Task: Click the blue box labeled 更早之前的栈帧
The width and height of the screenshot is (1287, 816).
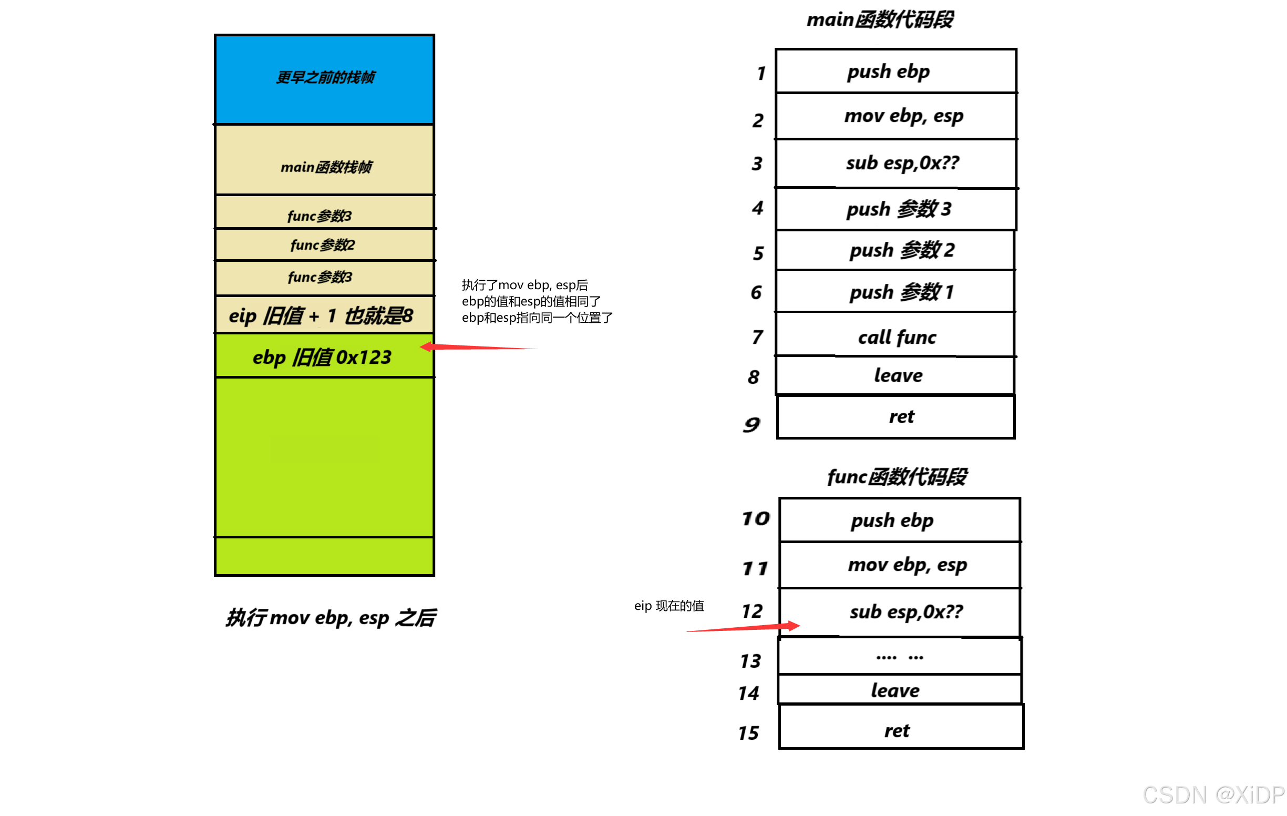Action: click(324, 79)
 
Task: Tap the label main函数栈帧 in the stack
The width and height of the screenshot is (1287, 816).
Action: click(326, 167)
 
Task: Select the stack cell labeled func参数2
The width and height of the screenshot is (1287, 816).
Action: click(323, 245)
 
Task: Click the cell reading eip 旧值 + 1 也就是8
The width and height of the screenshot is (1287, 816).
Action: click(321, 315)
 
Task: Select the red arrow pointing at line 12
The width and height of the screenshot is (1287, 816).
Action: click(743, 628)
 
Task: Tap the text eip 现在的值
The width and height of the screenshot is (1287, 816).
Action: click(668, 606)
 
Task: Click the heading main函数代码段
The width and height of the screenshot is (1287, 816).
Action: click(880, 20)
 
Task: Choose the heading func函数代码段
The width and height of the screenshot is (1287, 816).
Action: click(897, 476)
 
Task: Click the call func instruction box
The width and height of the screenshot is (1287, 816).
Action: click(897, 337)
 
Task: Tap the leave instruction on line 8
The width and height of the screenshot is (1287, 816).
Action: click(898, 375)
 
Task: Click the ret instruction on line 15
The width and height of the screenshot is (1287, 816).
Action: click(897, 730)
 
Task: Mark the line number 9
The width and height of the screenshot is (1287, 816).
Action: click(751, 425)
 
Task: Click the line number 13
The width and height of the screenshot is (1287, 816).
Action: click(750, 661)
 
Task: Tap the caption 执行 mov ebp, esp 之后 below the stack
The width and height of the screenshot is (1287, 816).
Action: click(331, 618)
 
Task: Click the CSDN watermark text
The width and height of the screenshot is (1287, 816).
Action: click(1213, 795)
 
